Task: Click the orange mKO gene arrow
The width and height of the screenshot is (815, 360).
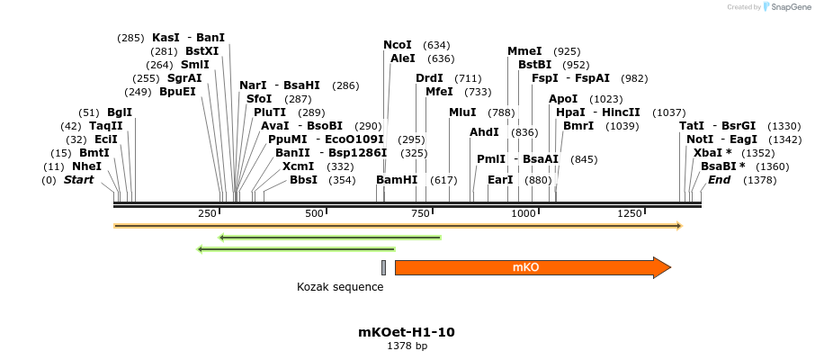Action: [531, 267]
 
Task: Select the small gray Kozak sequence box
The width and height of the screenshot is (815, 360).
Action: [383, 267]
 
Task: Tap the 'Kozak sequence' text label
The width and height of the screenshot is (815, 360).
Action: [340, 287]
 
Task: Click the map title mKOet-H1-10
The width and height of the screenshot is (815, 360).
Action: [407, 332]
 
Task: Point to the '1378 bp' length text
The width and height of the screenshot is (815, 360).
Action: [407, 346]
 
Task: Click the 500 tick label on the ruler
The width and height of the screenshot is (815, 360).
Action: [314, 213]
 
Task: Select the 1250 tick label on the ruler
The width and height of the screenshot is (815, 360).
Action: [629, 213]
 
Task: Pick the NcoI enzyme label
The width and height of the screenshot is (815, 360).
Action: [398, 45]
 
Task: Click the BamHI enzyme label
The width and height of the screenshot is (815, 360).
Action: [397, 180]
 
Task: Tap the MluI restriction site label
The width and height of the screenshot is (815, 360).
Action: [462, 112]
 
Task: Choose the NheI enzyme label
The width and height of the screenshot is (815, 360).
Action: [87, 166]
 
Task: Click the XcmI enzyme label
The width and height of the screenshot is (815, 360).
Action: [299, 166]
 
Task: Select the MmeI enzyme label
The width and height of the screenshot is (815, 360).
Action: [524, 51]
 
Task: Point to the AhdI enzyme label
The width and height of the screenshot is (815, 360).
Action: [485, 132]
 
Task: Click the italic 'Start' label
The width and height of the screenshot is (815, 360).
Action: [78, 180]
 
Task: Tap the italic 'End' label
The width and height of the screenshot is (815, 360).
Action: [719, 180]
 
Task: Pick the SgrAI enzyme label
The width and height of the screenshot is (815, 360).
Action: [184, 78]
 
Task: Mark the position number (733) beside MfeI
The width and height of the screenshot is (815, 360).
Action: [478, 92]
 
